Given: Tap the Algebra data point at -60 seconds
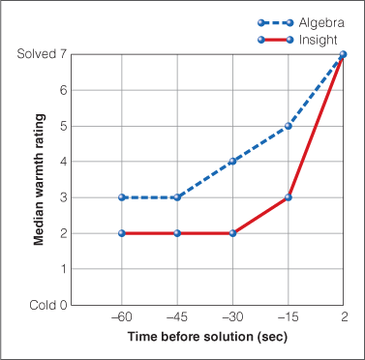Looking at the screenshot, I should pyautogui.click(x=122, y=197).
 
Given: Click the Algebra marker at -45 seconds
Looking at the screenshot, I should pyautogui.click(x=177, y=197).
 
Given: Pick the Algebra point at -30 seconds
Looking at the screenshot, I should pyautogui.click(x=233, y=162).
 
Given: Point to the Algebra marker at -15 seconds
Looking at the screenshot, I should pyautogui.click(x=289, y=126).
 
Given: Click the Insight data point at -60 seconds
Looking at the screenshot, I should pyautogui.click(x=122, y=233).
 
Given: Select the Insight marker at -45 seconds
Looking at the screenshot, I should pyautogui.click(x=177, y=233).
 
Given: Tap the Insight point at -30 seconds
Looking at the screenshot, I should pyautogui.click(x=233, y=233).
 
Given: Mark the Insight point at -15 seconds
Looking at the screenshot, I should pyautogui.click(x=289, y=197).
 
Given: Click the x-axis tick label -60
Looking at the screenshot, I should pyautogui.click(x=121, y=317).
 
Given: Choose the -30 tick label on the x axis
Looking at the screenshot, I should pyautogui.click(x=232, y=317).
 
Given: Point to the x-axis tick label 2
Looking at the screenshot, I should pyautogui.click(x=344, y=317).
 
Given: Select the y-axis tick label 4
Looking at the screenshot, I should pyautogui.click(x=63, y=162).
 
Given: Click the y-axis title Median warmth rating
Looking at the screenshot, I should pyautogui.click(x=40, y=179).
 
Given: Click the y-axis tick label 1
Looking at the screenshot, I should pyautogui.click(x=63, y=269).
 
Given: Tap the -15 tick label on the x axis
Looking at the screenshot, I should pyautogui.click(x=288, y=317).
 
